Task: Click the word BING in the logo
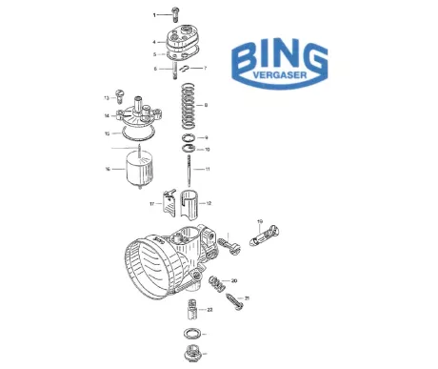(x=278, y=57)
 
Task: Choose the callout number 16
(x=108, y=170)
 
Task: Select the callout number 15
(x=108, y=133)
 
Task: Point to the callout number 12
(x=208, y=203)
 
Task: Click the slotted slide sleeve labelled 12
(x=188, y=205)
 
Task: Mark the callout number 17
(x=150, y=204)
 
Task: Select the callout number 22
(x=209, y=309)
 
